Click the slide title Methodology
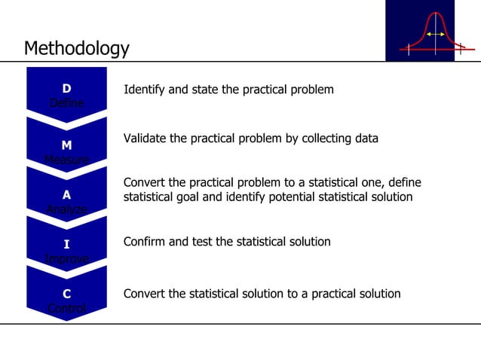tap(76, 49)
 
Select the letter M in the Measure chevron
tap(66, 145)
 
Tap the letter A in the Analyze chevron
tap(66, 194)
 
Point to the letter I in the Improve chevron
tap(66, 244)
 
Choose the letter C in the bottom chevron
tap(66, 294)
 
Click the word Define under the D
tap(66, 103)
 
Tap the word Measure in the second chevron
tap(66, 159)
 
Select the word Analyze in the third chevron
tap(66, 209)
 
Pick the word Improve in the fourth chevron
tap(66, 258)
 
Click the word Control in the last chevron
tap(66, 308)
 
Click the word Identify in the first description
tap(144, 90)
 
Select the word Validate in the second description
tap(146, 139)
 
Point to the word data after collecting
tap(365, 139)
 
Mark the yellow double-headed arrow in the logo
tap(434, 35)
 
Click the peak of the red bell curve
tap(435, 14)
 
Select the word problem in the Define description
tap(311, 90)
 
